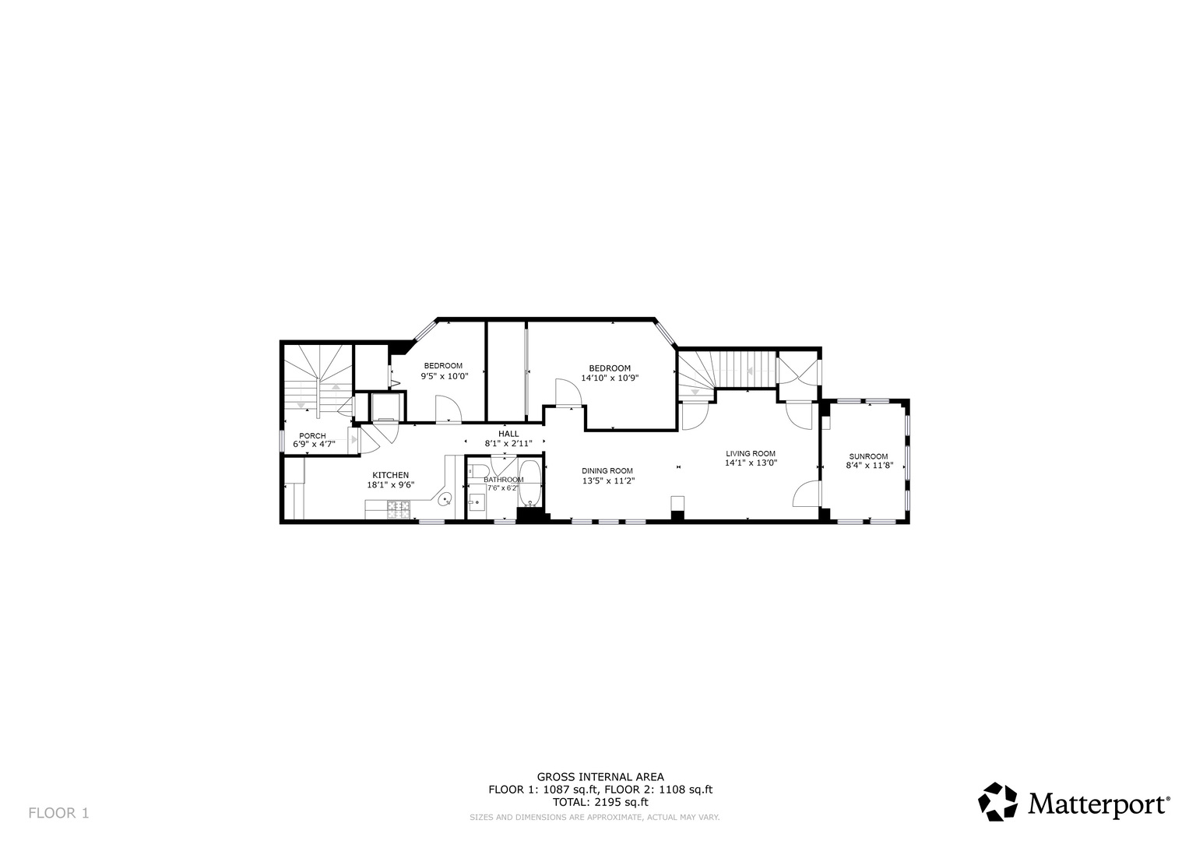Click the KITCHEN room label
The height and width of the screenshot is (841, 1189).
[390, 475]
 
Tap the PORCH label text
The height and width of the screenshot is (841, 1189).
[312, 436]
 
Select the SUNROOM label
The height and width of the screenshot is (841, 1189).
[868, 456]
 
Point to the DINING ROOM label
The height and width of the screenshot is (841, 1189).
[607, 471]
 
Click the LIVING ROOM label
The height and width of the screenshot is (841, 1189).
[751, 454]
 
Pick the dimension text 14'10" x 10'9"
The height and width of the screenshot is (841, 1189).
[610, 378]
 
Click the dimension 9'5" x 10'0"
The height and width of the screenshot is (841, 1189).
[445, 376]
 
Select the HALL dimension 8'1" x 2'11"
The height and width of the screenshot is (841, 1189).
[508, 443]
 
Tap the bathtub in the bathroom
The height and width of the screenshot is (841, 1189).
[529, 484]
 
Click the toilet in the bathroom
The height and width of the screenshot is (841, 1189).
[480, 471]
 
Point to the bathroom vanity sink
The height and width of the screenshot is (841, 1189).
[477, 501]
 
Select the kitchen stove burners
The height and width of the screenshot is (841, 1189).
[399, 510]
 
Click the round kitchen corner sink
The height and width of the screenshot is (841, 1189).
[445, 500]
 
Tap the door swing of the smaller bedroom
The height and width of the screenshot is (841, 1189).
[449, 410]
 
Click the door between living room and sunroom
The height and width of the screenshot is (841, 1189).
[807, 494]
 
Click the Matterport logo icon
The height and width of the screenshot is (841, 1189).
[998, 802]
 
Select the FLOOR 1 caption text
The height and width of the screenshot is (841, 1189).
[58, 813]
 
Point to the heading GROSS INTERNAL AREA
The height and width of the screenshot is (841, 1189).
[600, 777]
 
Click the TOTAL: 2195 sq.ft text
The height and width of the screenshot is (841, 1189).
[600, 802]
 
